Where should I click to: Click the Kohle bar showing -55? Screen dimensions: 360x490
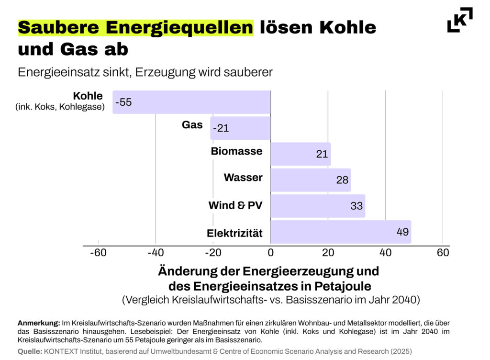[x=191, y=102]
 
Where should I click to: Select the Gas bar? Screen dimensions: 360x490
[x=240, y=128]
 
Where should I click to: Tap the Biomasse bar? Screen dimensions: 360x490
[x=300, y=154]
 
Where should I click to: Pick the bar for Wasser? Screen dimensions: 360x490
[x=310, y=180]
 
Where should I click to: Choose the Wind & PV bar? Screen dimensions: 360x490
[x=317, y=206]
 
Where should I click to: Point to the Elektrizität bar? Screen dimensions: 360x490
[x=340, y=232]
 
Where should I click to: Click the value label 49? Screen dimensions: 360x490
[x=402, y=232]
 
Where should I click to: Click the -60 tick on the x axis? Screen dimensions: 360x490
[x=98, y=253]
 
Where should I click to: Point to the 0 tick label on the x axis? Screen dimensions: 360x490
[x=270, y=253]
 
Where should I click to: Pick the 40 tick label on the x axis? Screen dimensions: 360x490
[x=385, y=253]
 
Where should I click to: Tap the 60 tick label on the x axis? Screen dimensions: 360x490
[x=443, y=253]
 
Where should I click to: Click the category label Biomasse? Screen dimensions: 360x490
[x=236, y=151]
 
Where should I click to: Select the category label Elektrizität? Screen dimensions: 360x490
[x=234, y=234]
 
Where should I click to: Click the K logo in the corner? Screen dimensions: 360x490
[x=460, y=20]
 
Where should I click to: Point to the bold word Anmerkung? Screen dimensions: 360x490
[x=39, y=323]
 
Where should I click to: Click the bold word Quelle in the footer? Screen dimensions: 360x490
[x=30, y=351]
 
